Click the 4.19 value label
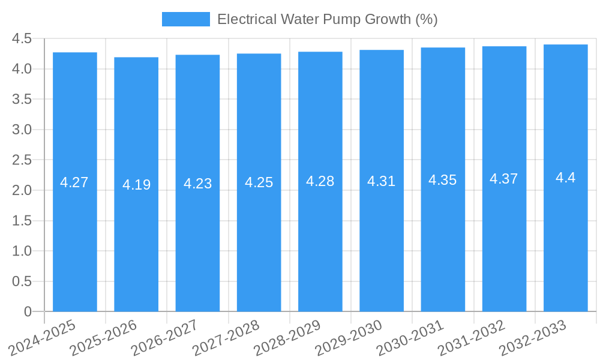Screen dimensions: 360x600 click(x=136, y=185)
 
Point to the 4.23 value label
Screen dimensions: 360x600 click(x=197, y=184)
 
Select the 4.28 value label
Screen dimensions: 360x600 click(x=320, y=181)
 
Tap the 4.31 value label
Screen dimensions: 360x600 click(x=382, y=181)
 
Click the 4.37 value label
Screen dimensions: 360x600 click(x=504, y=179)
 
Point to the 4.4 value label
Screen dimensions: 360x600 click(x=565, y=178)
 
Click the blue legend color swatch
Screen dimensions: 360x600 click(x=186, y=19)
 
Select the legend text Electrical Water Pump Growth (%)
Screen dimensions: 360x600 click(x=327, y=19)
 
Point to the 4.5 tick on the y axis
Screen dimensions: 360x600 click(x=22, y=39)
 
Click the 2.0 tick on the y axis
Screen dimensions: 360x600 click(x=22, y=191)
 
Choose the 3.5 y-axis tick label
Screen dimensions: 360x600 click(x=22, y=100)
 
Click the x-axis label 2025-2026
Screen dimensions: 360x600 click(x=103, y=338)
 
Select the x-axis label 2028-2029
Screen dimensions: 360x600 click(x=287, y=338)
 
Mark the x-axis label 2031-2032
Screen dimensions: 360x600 click(x=472, y=338)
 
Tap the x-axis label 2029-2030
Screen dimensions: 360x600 click(x=349, y=338)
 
